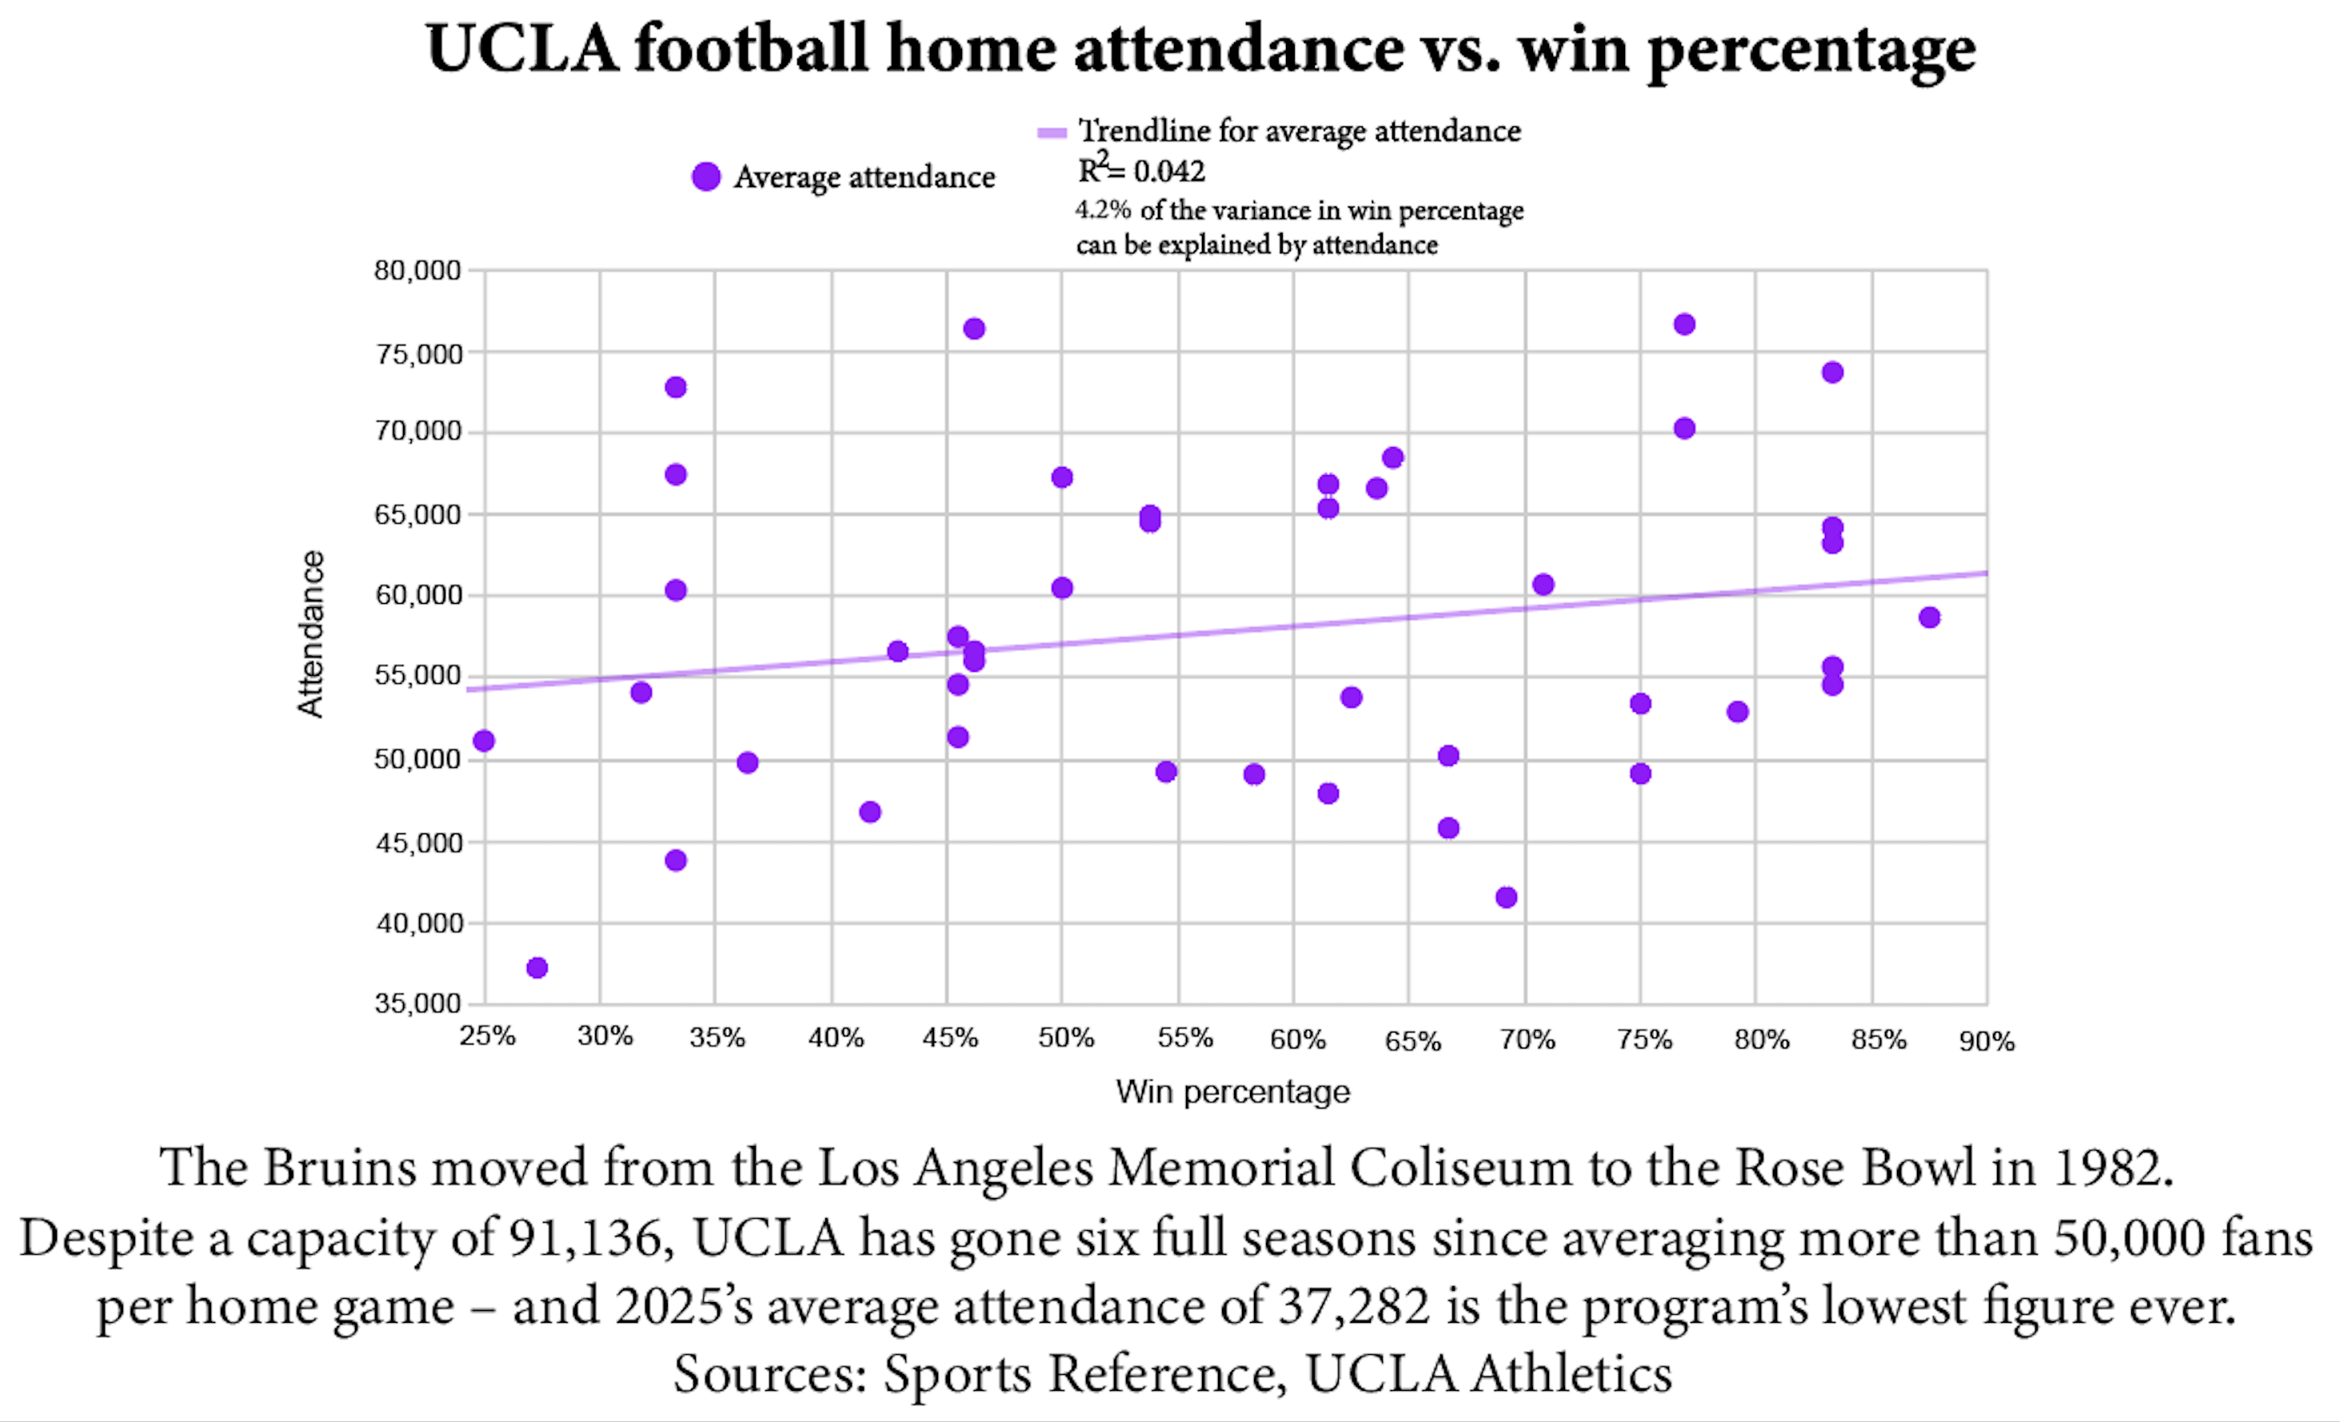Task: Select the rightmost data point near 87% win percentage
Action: pos(1929,617)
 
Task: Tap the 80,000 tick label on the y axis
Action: pos(417,270)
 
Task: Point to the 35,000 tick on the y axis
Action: pos(417,1003)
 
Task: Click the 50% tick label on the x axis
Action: pos(1065,1038)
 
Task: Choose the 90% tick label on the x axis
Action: pos(1986,1041)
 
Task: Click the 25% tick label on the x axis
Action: pos(487,1037)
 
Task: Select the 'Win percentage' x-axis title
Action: pos(1232,1092)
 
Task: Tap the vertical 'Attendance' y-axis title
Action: pos(310,633)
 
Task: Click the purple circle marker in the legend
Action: pos(705,177)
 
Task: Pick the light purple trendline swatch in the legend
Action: pos(1052,133)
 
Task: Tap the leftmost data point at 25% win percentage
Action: pos(483,741)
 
